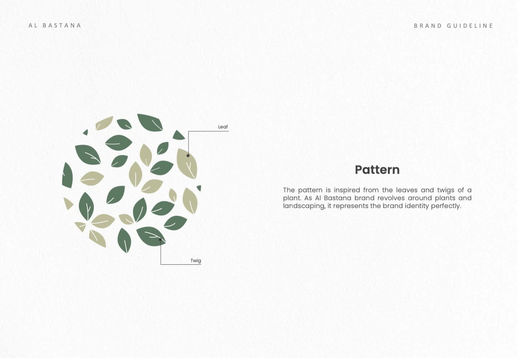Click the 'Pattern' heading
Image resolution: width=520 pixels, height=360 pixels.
[377, 170]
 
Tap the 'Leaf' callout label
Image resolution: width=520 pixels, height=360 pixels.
[223, 127]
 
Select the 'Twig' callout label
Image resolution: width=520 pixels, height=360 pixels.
[195, 260]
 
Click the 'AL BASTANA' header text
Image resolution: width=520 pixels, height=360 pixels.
[55, 25]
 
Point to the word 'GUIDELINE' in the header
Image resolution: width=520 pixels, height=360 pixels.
[470, 26]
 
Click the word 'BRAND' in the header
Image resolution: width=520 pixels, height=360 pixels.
[428, 26]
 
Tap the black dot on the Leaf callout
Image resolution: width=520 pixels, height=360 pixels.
[188, 156]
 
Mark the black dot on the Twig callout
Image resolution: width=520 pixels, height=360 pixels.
[160, 239]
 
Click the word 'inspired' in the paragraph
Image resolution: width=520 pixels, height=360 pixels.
[347, 190]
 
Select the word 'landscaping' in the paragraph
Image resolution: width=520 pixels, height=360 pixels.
[303, 206]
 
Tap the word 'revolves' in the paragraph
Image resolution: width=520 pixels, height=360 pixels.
[391, 198]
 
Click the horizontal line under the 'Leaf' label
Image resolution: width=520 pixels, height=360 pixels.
[213, 131]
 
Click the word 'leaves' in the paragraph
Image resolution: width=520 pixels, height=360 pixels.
[407, 190]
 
